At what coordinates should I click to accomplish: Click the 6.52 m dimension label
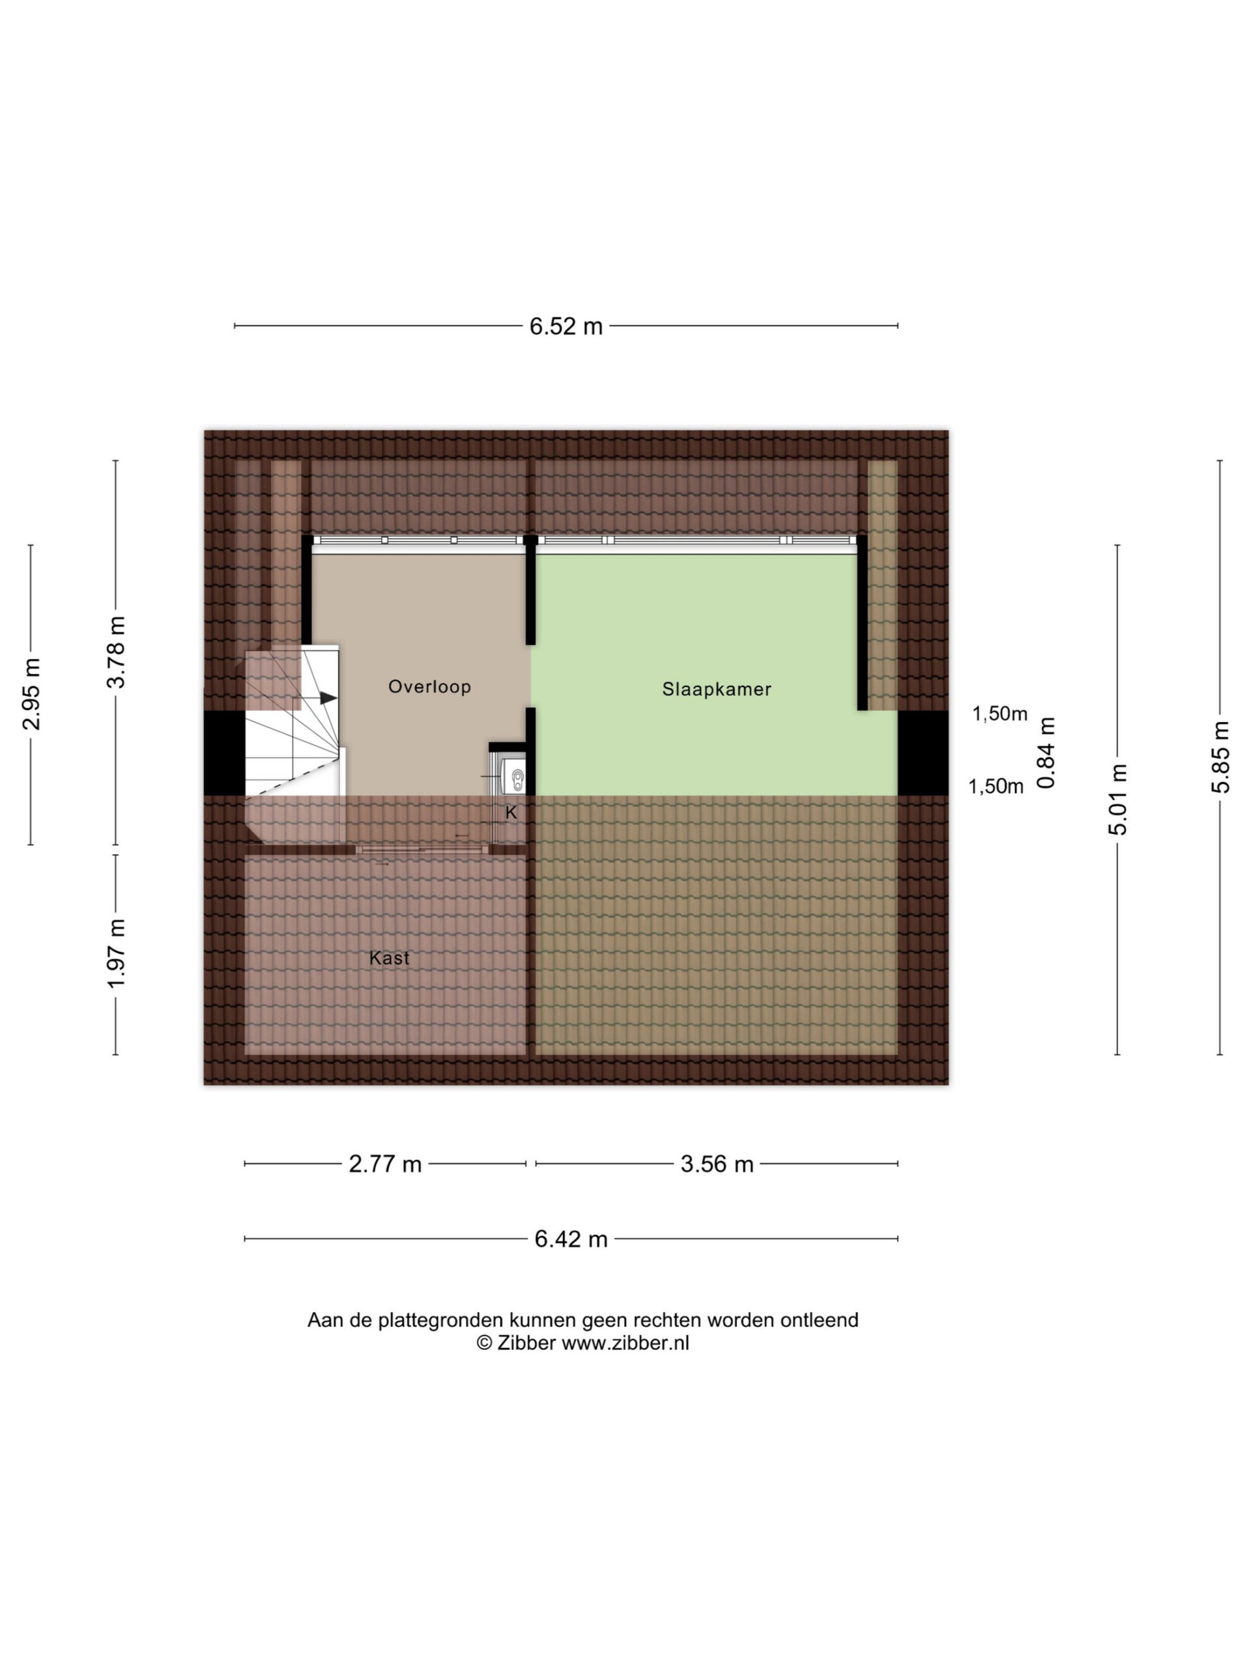[x=566, y=326]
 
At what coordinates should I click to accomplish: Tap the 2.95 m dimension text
[x=32, y=694]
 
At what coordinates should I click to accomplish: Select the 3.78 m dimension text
[x=116, y=652]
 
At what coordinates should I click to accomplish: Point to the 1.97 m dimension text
[x=116, y=953]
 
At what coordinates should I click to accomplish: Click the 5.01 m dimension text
[x=1118, y=799]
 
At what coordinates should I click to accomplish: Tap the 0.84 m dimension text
[x=1046, y=752]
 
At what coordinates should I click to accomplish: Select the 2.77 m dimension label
[x=384, y=1164]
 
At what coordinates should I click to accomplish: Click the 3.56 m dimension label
[x=717, y=1164]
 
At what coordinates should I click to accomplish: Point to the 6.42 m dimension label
[x=571, y=1240]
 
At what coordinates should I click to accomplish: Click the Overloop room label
[x=430, y=686]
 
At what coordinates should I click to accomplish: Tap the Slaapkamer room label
[x=717, y=690]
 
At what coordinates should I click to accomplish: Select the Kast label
[x=389, y=958]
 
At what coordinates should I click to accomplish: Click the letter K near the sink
[x=511, y=813]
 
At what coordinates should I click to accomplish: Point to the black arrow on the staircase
[x=328, y=698]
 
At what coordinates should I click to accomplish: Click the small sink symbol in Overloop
[x=516, y=777]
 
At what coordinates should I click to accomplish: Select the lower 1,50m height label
[x=996, y=787]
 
